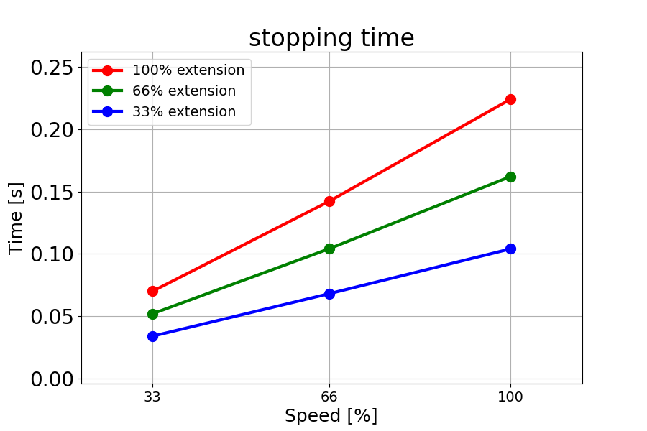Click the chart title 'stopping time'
331,38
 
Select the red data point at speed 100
510,99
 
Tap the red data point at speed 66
329,201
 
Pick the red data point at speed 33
152,291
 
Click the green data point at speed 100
510,177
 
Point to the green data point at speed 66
329,249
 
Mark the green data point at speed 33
152,314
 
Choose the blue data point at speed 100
510,249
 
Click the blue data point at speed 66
329,294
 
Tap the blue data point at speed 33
152,336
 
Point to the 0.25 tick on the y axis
52,68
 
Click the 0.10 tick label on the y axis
52,254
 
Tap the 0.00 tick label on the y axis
52,379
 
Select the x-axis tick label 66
329,397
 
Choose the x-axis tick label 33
152,397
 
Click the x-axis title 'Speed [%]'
331,416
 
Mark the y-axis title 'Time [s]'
16,218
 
